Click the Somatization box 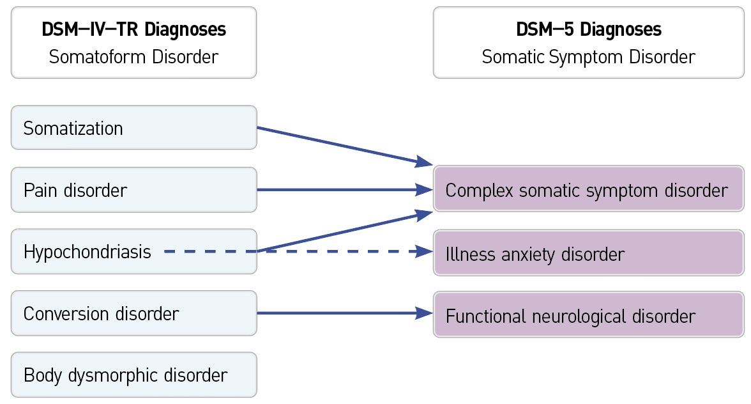click(133, 128)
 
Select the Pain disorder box click(133, 190)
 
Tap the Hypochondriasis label click(87, 252)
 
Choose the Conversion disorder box click(133, 314)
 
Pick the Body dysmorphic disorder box click(133, 375)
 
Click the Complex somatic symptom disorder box click(588, 190)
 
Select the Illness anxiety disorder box click(588, 254)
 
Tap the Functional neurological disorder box click(588, 316)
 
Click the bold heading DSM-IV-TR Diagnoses click(133, 29)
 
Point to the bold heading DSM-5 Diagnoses click(588, 29)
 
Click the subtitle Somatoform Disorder click(133, 57)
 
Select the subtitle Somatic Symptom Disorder click(588, 57)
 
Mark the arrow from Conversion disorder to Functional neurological click(338, 313)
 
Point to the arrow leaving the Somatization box click(338, 145)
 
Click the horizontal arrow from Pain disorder click(338, 190)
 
